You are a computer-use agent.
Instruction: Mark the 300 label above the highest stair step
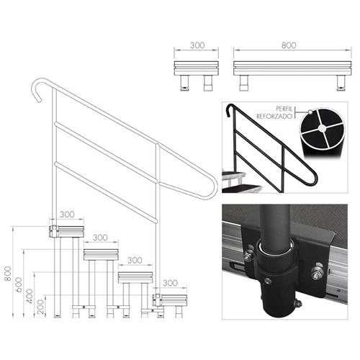click(69, 215)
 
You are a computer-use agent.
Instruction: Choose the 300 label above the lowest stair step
click(171, 283)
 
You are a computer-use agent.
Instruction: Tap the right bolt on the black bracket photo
click(315, 271)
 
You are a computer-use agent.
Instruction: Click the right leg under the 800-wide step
click(338, 81)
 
